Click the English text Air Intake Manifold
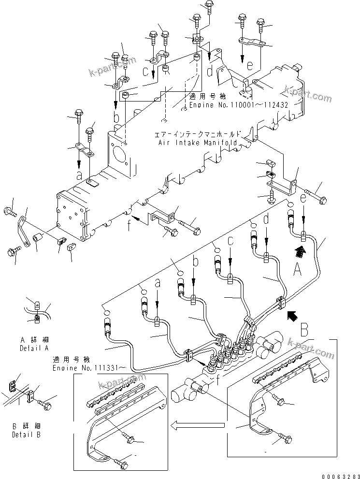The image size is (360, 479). coord(198,143)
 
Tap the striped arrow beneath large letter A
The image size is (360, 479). coord(300,250)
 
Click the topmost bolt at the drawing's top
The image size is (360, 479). coord(209,5)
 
